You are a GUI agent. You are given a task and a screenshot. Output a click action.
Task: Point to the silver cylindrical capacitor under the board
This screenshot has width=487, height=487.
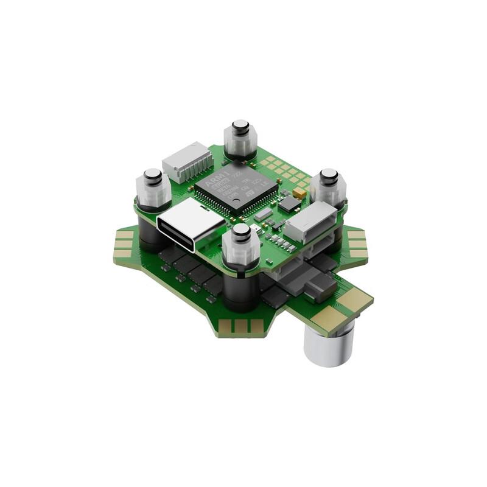pyautogui.click(x=329, y=346)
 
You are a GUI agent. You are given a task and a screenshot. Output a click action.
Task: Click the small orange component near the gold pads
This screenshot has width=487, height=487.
pyautogui.click(x=299, y=193)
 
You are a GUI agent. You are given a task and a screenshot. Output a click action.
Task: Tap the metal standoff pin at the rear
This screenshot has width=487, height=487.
pyautogui.click(x=241, y=128)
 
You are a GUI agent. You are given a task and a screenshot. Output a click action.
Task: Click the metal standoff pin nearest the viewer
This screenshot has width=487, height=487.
pyautogui.click(x=241, y=232)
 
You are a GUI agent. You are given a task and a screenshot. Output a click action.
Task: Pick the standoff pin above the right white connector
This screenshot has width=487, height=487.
pyautogui.click(x=329, y=177)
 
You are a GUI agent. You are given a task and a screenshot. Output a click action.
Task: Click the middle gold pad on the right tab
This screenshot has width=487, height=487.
pyautogui.click(x=356, y=243)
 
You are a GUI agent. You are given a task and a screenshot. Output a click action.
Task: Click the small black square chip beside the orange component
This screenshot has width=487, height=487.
pyautogui.click(x=289, y=203)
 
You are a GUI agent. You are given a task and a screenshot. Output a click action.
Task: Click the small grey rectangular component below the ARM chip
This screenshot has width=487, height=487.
pyautogui.click(x=263, y=214)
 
